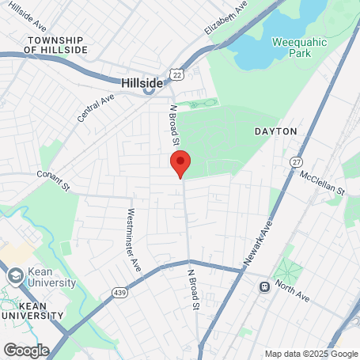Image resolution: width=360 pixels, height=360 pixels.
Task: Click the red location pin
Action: coord(180,162)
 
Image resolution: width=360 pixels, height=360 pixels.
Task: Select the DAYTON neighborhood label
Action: coord(275,131)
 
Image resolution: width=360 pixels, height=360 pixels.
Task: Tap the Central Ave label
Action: coord(96,109)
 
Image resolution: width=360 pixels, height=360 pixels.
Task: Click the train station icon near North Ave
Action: coord(263,286)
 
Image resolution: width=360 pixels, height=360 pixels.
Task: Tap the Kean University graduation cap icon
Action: coord(15,276)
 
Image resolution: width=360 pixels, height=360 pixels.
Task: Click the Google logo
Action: coord(26,350)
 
